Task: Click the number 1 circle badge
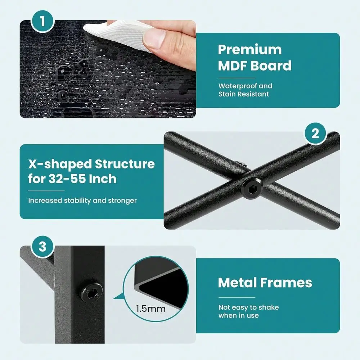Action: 42,21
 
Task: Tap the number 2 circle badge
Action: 315,133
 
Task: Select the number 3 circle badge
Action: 42,247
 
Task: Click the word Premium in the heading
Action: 250,50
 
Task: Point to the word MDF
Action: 233,66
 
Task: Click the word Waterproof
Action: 237,86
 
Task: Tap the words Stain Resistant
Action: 244,94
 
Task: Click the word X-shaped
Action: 60,165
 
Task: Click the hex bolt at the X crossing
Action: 251,189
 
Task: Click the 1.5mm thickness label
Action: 151,309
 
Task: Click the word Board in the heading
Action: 271,66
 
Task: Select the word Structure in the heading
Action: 125,164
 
